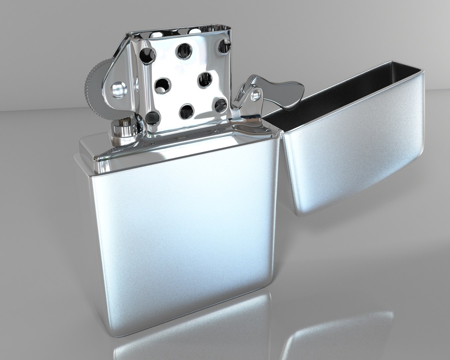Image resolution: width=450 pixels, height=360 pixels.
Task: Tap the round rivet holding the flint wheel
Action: click(118, 89)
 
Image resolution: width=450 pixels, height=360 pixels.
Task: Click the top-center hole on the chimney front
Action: click(184, 51)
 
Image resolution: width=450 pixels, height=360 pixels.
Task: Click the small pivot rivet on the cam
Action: click(256, 95)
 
